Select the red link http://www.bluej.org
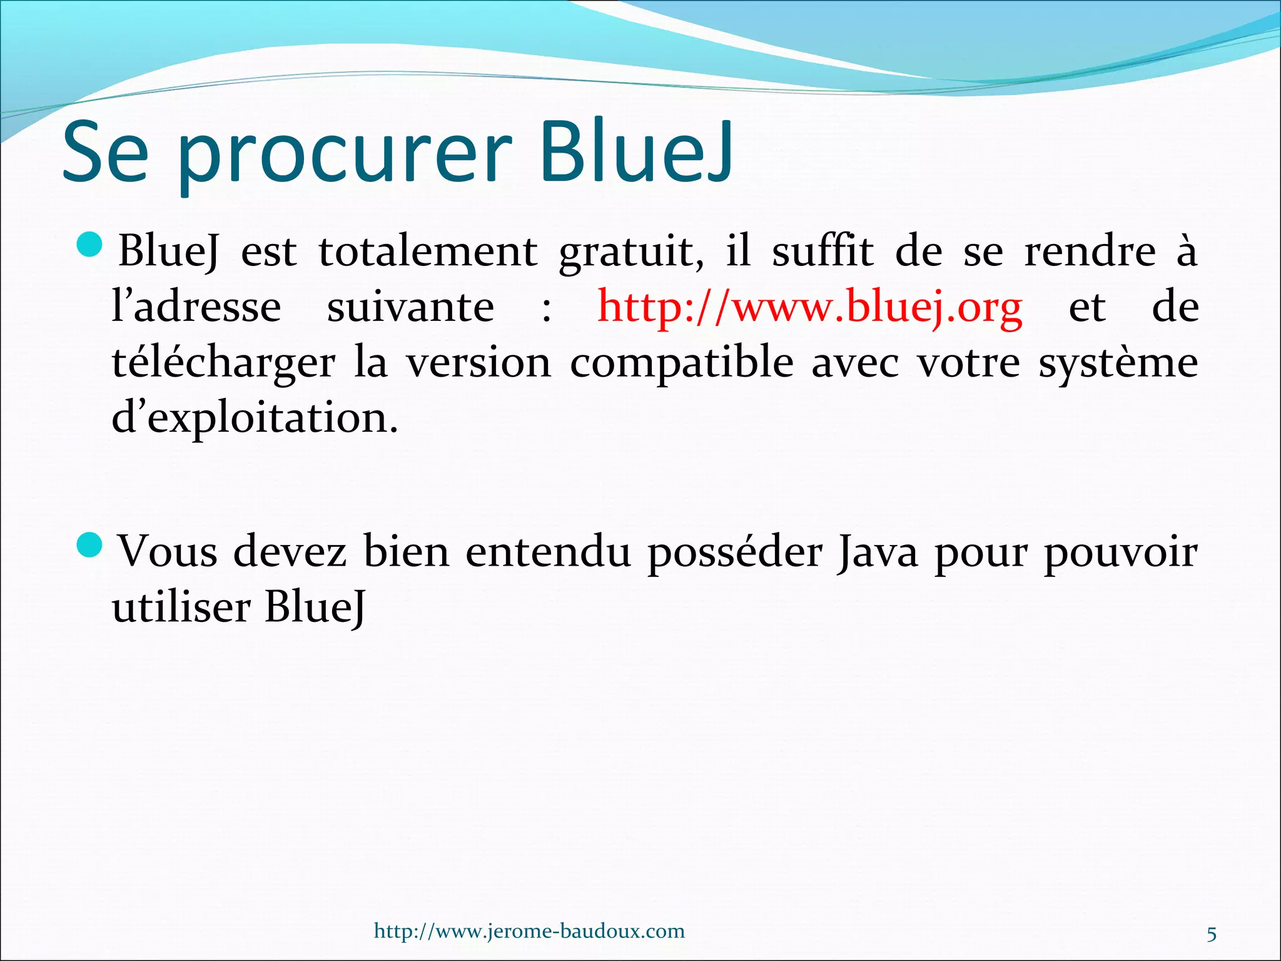click(x=810, y=307)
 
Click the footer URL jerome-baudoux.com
click(x=529, y=931)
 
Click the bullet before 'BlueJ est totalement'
click(x=89, y=245)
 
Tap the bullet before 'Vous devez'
click(x=89, y=546)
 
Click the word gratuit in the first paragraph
click(x=631, y=252)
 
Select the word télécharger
click(x=223, y=364)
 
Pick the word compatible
click(x=682, y=364)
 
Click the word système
click(x=1118, y=364)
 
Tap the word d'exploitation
click(x=255, y=419)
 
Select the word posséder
click(x=735, y=553)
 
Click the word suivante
click(x=410, y=307)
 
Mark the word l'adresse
click(x=196, y=307)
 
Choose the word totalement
click(x=428, y=252)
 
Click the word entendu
click(x=548, y=552)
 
